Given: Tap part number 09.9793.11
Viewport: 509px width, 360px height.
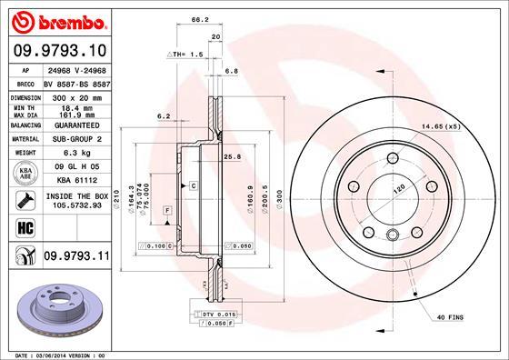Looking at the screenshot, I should (77, 257).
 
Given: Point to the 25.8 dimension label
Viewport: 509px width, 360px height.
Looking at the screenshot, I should (232, 156).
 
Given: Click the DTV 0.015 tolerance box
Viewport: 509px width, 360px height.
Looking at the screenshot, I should (213, 313).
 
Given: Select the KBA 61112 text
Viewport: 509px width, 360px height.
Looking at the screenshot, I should (74, 181).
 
